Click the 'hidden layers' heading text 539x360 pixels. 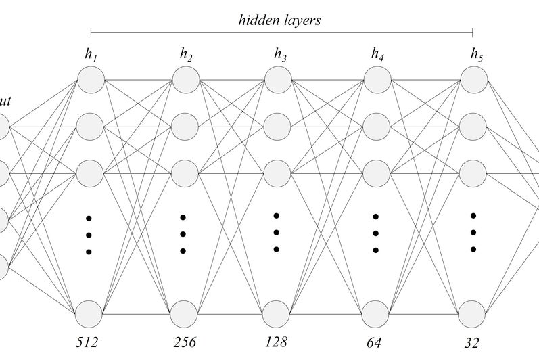(279, 20)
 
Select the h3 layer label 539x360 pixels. (279, 54)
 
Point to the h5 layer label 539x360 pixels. (477, 54)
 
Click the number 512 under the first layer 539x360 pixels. (87, 342)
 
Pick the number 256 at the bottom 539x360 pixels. (184, 342)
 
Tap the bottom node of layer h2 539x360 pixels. (184, 314)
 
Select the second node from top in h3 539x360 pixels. (277, 125)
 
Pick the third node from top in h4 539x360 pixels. (377, 173)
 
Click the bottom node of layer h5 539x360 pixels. (472, 315)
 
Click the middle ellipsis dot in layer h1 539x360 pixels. (89, 235)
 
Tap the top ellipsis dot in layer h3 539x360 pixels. (277, 216)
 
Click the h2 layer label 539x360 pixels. (186, 55)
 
